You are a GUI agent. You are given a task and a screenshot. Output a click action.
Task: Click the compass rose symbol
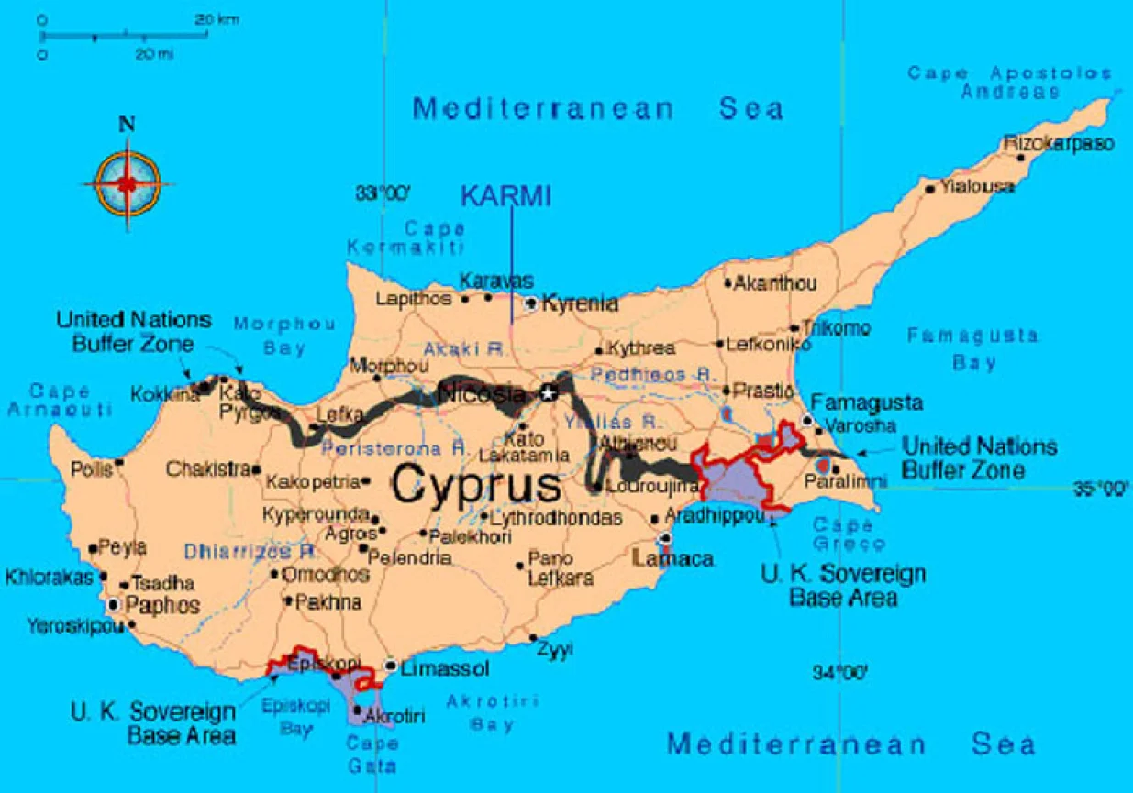pos(127,182)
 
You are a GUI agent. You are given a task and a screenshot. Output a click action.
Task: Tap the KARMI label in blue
pos(505,196)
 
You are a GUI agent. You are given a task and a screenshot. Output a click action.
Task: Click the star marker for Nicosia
pos(549,393)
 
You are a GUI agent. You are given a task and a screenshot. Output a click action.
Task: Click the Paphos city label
pos(161,605)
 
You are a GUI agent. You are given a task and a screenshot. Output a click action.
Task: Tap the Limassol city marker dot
pos(391,666)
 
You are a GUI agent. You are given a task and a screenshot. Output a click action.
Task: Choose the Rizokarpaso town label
pos(1059,144)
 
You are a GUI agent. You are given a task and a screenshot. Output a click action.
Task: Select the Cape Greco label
pos(849,534)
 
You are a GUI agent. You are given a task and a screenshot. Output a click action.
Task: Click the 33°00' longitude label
pos(383,193)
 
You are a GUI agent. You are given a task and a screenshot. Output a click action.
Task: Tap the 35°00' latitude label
pos(1100,489)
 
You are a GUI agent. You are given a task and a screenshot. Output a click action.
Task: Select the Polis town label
pos(91,469)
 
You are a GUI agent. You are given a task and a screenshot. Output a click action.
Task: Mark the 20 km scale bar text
pos(217,18)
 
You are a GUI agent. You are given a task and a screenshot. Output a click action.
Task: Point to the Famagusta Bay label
pos(973,349)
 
